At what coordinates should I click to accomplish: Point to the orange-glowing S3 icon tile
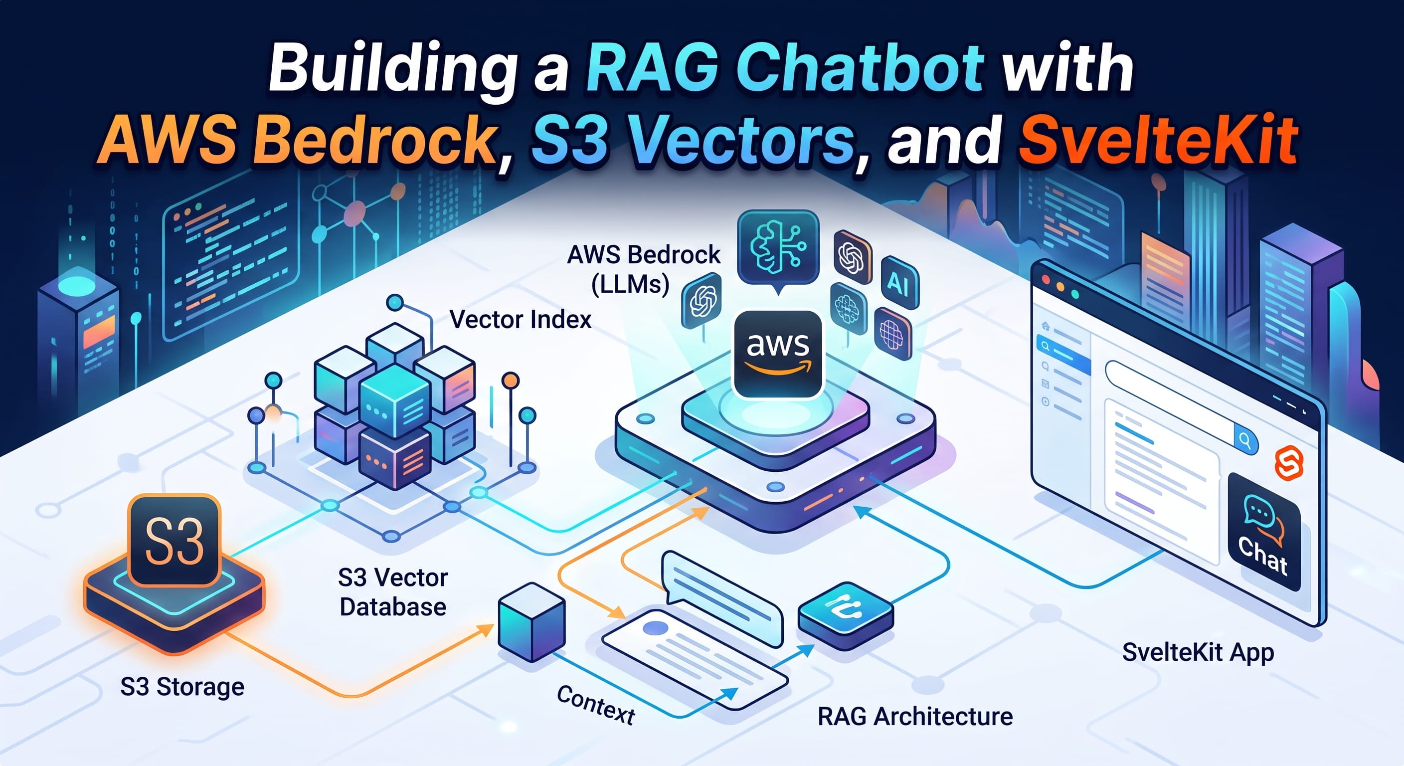click(x=175, y=540)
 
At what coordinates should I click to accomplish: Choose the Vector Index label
click(x=521, y=320)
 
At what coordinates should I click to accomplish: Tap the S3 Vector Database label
click(x=392, y=592)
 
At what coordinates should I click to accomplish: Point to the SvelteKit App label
click(x=1198, y=653)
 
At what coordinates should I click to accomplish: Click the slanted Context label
click(x=596, y=704)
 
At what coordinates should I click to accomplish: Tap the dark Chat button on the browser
click(x=1264, y=532)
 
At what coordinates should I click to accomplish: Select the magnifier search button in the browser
click(x=1246, y=439)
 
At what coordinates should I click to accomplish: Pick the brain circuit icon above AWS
click(x=778, y=248)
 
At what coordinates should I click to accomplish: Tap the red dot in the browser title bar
click(x=1046, y=279)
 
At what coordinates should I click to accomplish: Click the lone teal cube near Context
click(x=532, y=621)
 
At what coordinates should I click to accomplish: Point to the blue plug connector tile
click(x=846, y=615)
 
